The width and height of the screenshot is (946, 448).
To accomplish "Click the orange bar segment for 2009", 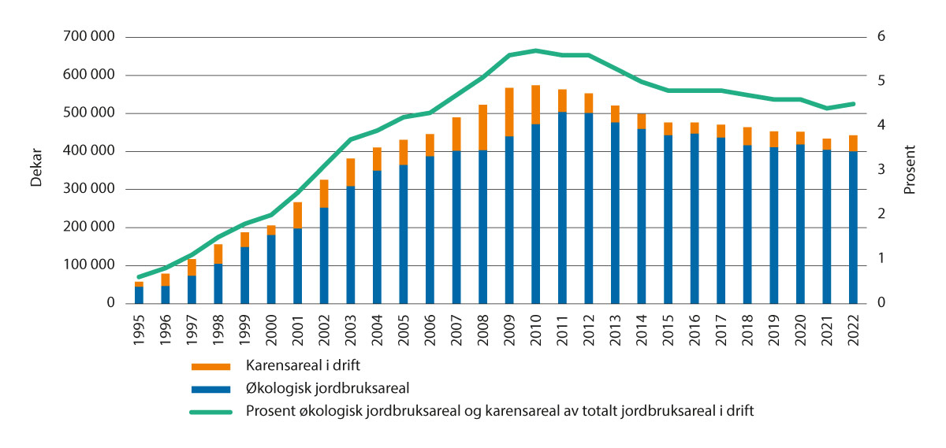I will [509, 112].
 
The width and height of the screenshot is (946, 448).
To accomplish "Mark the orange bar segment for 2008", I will [482, 128].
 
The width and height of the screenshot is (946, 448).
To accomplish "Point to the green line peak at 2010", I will [536, 50].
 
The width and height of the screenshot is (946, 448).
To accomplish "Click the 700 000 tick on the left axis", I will [87, 37].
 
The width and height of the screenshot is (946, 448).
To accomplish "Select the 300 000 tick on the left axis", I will [87, 189].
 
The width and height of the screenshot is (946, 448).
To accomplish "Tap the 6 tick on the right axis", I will [881, 37].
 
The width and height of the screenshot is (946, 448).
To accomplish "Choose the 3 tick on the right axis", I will [881, 170].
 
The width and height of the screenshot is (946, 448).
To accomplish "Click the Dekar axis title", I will [36, 170].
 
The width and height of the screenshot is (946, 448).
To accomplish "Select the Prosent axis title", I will [909, 170].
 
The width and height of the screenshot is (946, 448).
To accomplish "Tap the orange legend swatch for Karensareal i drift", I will [210, 367].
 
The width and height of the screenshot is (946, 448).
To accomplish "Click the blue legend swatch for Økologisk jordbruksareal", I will [210, 388].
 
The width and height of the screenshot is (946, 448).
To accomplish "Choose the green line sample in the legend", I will [210, 409].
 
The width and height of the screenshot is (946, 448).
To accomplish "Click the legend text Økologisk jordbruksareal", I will [313, 388].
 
